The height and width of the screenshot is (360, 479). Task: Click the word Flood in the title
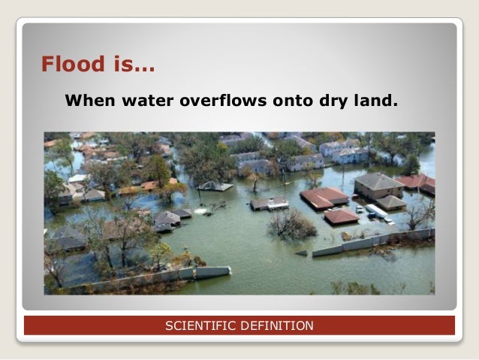click(x=74, y=65)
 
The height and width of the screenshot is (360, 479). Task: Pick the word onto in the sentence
click(x=290, y=99)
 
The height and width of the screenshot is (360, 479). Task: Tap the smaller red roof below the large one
click(x=341, y=216)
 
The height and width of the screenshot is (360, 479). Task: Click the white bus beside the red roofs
click(x=376, y=213)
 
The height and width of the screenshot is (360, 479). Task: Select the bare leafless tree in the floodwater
click(x=291, y=223)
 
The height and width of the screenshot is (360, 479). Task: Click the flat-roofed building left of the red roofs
click(x=269, y=203)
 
